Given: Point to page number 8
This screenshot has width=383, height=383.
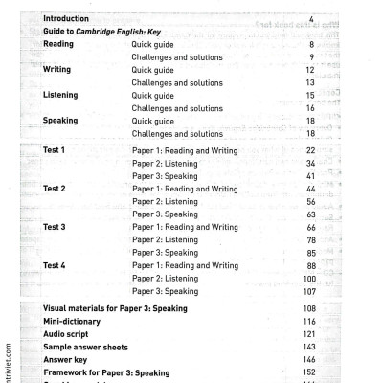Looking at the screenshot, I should pos(311,44).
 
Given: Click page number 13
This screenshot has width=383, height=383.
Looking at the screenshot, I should pos(309,82).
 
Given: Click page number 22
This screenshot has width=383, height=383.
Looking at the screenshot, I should pos(309,151).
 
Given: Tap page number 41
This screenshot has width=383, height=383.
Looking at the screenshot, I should pos(309,177).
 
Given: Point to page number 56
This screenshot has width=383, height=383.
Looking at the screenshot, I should pos(309,202).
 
